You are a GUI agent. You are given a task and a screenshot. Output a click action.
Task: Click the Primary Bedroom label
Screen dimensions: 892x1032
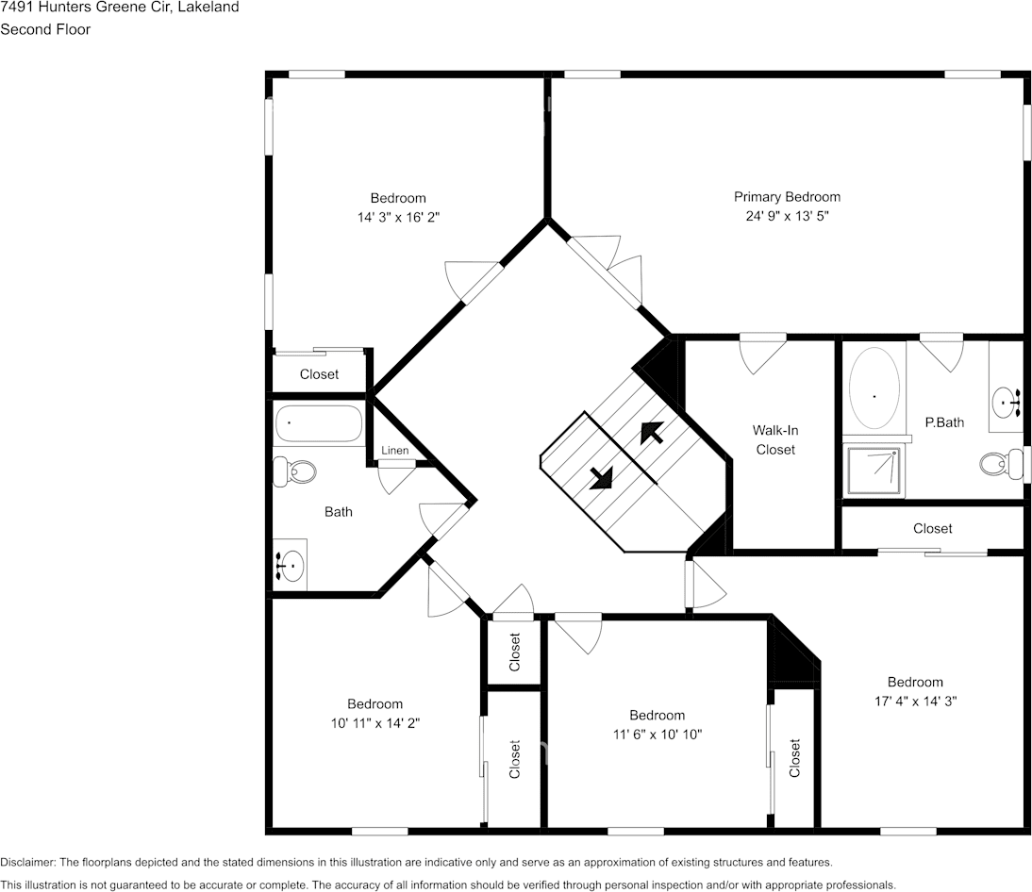click(x=787, y=197)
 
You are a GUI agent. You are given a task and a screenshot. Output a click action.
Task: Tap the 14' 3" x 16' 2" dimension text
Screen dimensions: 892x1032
click(x=398, y=217)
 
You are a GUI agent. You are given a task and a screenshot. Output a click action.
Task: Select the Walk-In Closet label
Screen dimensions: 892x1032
click(x=774, y=439)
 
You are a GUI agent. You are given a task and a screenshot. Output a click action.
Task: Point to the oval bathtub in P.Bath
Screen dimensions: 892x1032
click(x=874, y=391)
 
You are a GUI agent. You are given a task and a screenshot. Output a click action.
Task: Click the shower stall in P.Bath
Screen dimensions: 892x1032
click(x=873, y=472)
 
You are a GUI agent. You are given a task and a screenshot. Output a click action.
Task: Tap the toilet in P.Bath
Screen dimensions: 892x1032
click(x=1000, y=463)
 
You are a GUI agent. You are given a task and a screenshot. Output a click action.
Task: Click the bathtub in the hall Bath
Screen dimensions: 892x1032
click(x=319, y=424)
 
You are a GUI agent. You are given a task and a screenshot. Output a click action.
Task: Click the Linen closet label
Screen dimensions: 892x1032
click(x=395, y=451)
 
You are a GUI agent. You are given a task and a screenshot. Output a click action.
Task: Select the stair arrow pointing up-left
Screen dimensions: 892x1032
click(x=651, y=432)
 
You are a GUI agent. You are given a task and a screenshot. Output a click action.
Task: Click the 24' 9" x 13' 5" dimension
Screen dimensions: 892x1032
click(x=787, y=216)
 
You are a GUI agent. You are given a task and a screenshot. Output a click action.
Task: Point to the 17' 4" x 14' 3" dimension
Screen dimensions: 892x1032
click(x=914, y=702)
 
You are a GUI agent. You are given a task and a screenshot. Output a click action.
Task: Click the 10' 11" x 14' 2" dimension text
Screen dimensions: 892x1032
click(x=375, y=723)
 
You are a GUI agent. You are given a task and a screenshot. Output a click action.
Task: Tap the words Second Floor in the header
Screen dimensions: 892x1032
click(x=45, y=29)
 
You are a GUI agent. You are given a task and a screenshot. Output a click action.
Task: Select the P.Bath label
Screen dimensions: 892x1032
click(x=944, y=422)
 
